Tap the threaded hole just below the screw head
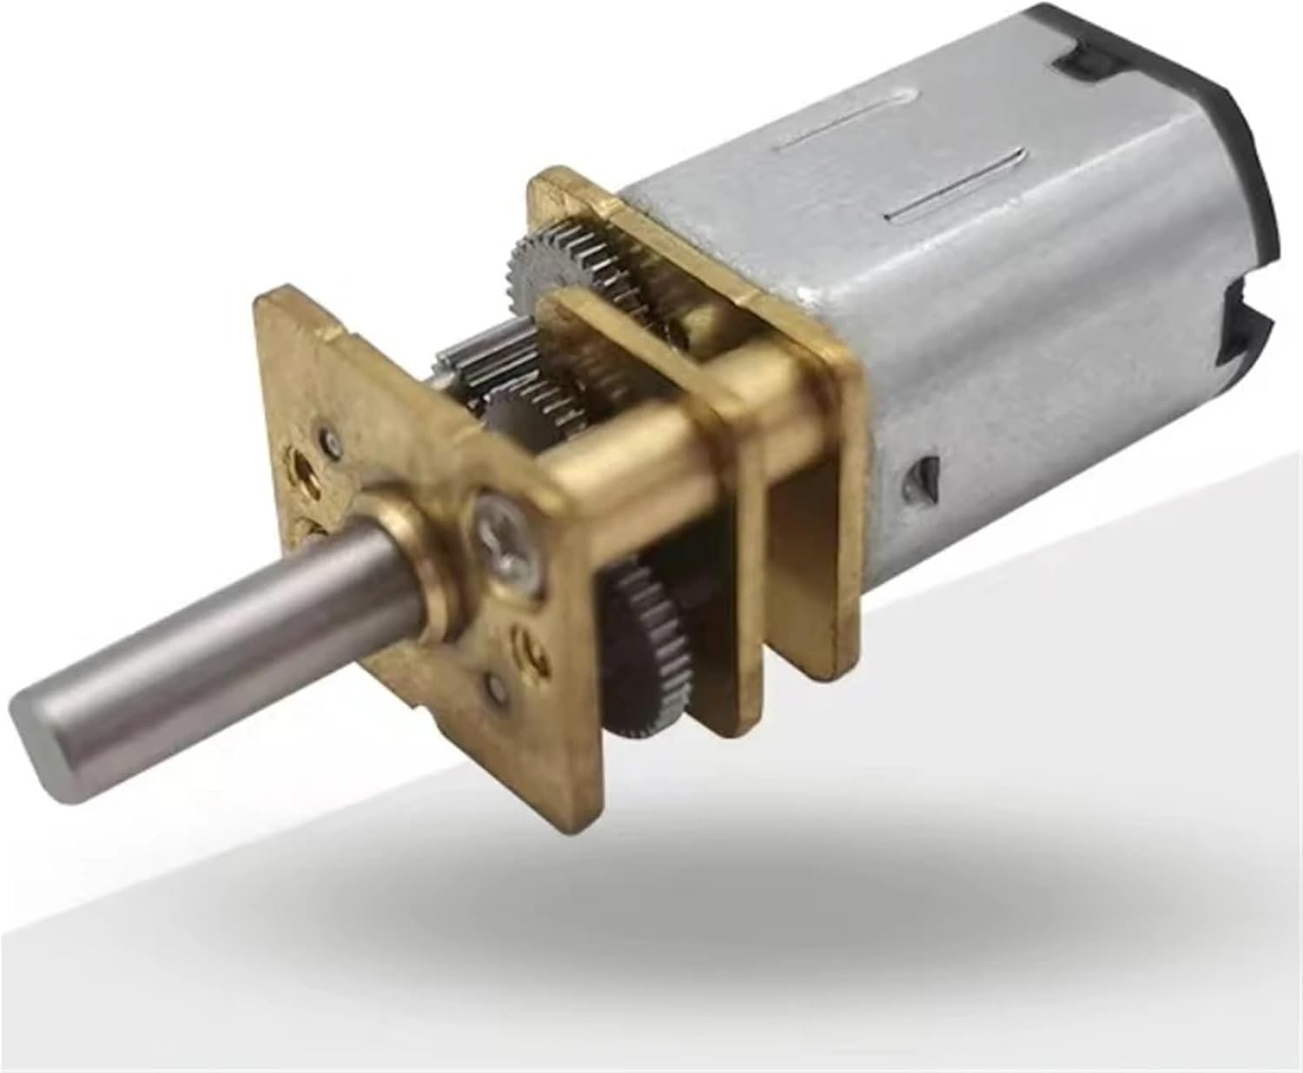532,647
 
